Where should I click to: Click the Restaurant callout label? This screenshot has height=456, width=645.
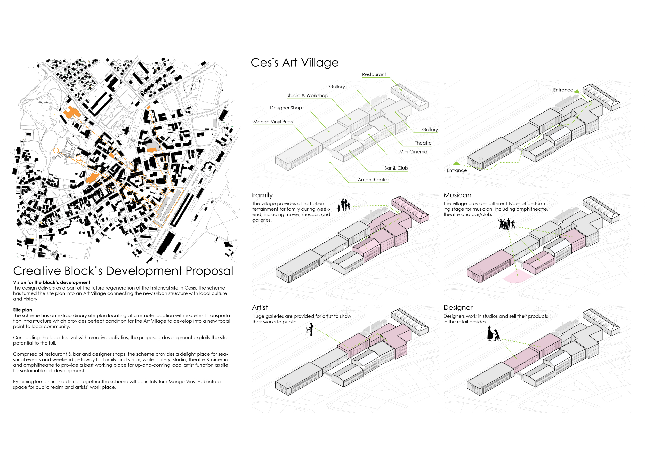pyautogui.click(x=374, y=75)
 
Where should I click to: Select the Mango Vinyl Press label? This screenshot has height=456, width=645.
pyautogui.click(x=273, y=122)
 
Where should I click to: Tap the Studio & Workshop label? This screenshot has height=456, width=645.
pyautogui.click(x=307, y=95)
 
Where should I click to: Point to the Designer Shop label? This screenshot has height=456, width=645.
pyautogui.click(x=286, y=108)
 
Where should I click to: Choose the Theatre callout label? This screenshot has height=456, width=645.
pyautogui.click(x=423, y=143)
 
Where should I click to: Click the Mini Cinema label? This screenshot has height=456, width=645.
pyautogui.click(x=413, y=152)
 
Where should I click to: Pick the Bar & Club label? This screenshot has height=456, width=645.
pyautogui.click(x=396, y=168)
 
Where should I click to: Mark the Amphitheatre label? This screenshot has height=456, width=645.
pyautogui.click(x=373, y=180)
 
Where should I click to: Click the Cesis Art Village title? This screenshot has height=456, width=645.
pyautogui.click(x=294, y=63)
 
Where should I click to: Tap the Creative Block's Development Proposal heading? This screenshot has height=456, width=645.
pyautogui.click(x=123, y=271)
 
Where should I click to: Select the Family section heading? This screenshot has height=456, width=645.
pyautogui.click(x=262, y=195)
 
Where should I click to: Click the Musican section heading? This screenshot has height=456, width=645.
pyautogui.click(x=457, y=195)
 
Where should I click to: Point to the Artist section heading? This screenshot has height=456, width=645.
pyautogui.click(x=260, y=308)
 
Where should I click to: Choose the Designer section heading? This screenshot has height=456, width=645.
pyautogui.click(x=458, y=308)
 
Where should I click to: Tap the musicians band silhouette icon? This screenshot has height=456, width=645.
pyautogui.click(x=506, y=224)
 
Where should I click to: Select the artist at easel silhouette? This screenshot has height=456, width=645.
pyautogui.click(x=310, y=329)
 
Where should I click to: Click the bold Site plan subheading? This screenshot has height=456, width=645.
pyautogui.click(x=22, y=310)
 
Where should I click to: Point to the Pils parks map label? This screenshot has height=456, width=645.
pyautogui.click(x=43, y=102)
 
